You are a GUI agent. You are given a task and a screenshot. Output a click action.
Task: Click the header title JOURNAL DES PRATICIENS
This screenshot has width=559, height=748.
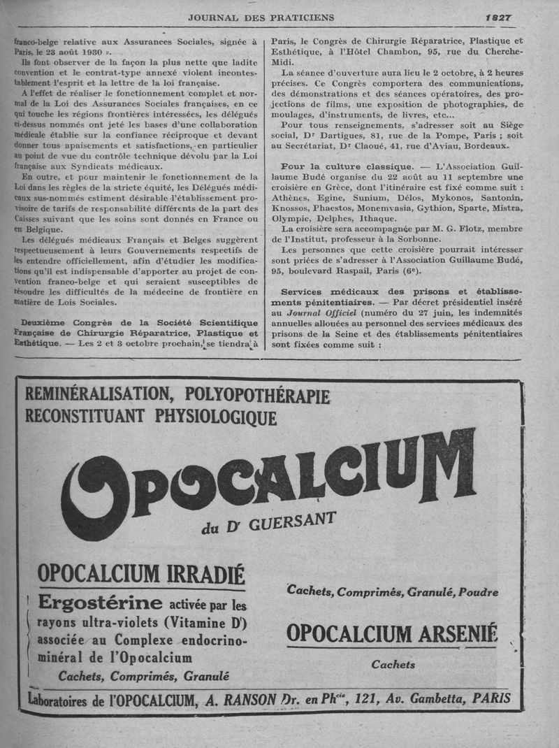[x=261, y=17]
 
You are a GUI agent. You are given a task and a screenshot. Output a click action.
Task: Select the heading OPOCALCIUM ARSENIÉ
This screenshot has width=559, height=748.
[x=392, y=633]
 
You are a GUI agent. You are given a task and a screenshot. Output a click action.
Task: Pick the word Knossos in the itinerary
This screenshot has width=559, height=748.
[x=294, y=208]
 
